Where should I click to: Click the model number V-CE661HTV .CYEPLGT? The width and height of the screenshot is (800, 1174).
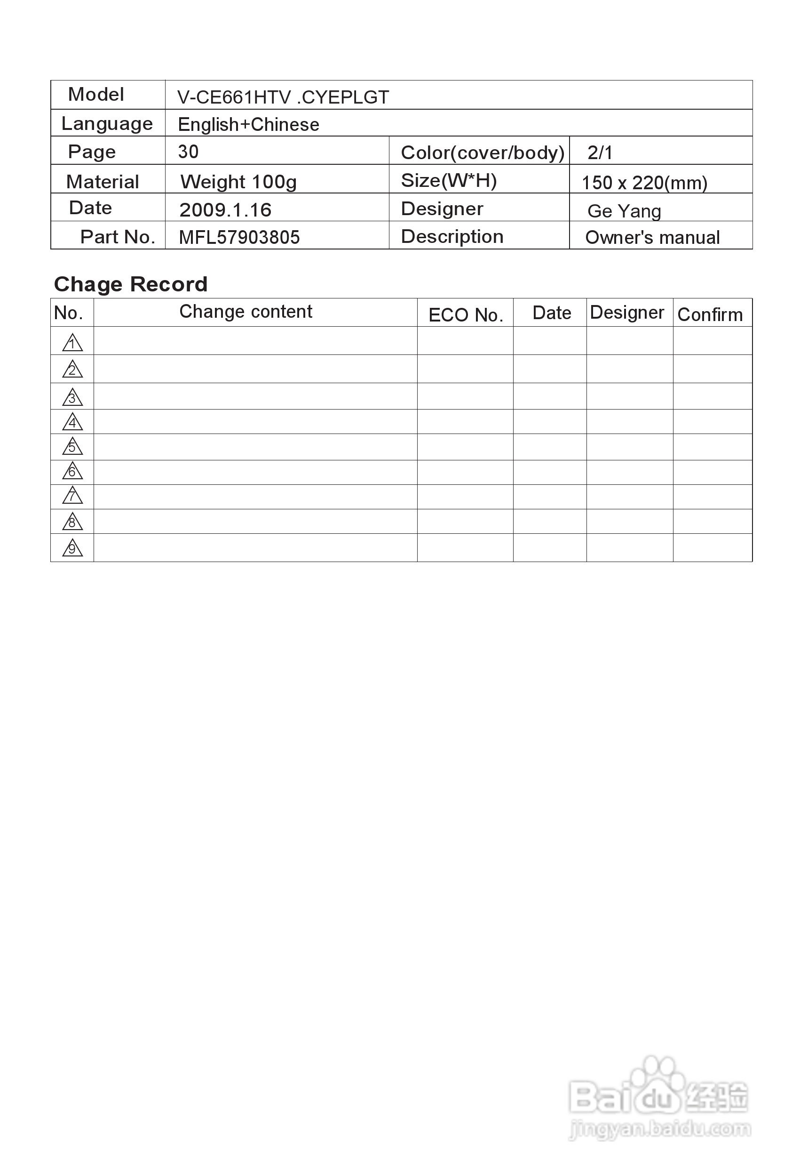[x=283, y=97]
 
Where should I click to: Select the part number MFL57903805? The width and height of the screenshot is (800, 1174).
[x=239, y=237]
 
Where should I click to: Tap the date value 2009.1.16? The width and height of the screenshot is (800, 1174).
[x=225, y=209]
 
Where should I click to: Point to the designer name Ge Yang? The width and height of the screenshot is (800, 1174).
[x=624, y=211]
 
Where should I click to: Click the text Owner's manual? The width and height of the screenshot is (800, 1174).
[x=652, y=237]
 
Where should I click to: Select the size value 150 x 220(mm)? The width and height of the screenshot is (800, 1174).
[x=644, y=182]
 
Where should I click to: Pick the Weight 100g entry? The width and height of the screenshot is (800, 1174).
[x=238, y=182]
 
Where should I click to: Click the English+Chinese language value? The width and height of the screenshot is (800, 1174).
[x=248, y=124]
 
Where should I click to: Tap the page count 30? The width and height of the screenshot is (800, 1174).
[x=188, y=152]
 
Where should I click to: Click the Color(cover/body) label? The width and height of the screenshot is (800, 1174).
[x=482, y=153]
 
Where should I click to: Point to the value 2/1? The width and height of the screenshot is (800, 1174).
[x=600, y=153]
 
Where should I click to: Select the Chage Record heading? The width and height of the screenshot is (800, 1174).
[x=131, y=284]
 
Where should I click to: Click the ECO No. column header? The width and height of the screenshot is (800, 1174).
[x=465, y=315]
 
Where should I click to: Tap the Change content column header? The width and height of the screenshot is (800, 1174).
[x=246, y=312]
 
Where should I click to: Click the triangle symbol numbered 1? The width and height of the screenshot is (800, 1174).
[x=72, y=343]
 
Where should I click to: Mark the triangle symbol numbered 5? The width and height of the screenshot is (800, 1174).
[x=72, y=447]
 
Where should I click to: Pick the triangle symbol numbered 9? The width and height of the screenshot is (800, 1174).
[x=72, y=548]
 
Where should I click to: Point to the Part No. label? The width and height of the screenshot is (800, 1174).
[x=117, y=237]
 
